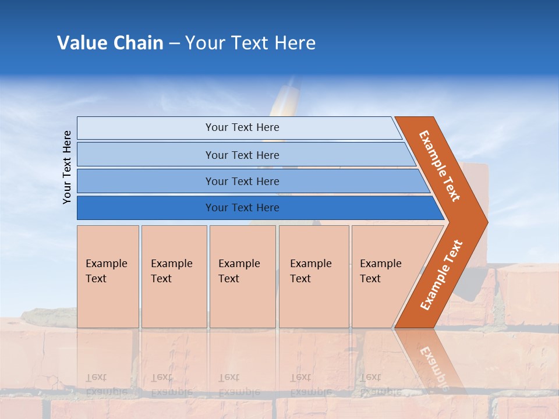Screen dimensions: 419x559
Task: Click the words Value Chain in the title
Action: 110,43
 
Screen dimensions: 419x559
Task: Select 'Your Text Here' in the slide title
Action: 250,43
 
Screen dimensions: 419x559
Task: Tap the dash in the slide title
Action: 174,44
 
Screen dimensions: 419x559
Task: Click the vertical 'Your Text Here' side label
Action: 68,167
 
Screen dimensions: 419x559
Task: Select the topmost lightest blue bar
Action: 242,127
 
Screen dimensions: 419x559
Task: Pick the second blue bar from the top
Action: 242,155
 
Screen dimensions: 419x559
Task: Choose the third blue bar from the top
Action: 242,181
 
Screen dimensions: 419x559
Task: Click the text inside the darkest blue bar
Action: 242,208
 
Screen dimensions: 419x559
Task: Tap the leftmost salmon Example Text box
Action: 108,276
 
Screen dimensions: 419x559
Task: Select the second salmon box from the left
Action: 174,276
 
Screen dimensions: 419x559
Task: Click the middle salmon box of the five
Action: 242,276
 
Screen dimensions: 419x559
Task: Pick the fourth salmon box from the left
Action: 314,276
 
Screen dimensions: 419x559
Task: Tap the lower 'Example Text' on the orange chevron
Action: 441,275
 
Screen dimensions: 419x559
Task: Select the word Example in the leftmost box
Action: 106,264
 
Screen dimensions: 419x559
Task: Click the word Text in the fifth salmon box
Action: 370,279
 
